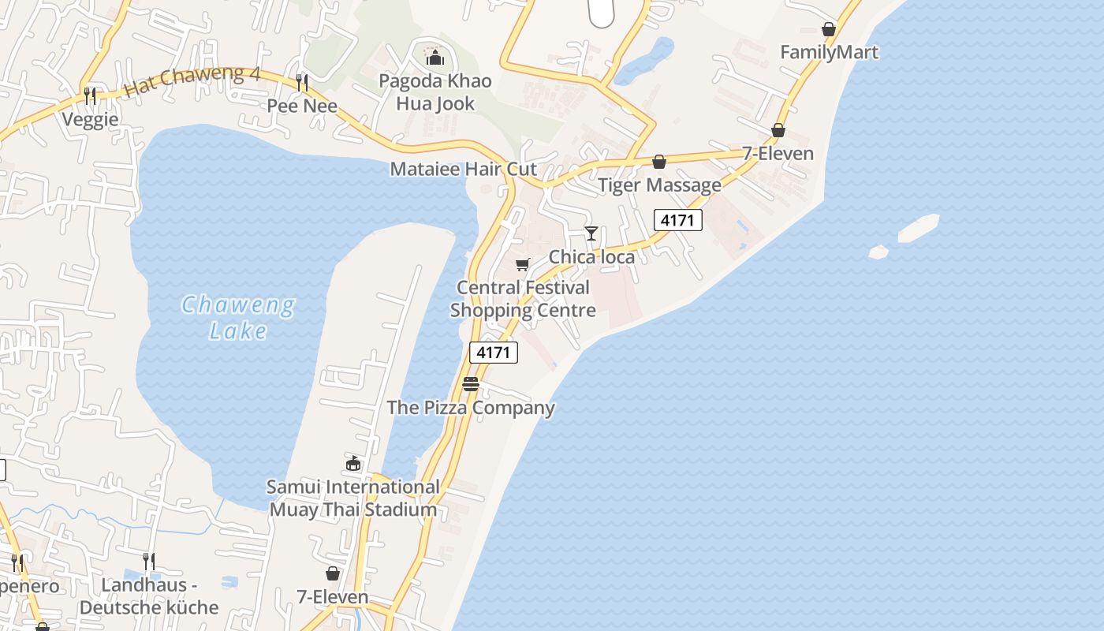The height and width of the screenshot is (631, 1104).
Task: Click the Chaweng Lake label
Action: click(x=238, y=317)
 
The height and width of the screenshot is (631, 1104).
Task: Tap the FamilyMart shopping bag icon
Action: click(x=829, y=30)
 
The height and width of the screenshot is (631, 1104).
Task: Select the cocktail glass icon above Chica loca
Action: click(x=591, y=233)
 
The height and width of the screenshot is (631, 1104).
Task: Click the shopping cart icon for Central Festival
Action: click(x=522, y=264)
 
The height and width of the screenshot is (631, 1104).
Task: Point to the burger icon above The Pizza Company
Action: click(x=471, y=384)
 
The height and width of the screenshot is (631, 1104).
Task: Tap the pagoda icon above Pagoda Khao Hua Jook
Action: click(x=434, y=58)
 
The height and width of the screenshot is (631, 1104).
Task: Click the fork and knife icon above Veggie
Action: click(x=90, y=96)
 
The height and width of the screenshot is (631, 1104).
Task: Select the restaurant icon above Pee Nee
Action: click(x=301, y=82)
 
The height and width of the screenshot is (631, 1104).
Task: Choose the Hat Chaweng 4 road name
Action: click(x=192, y=80)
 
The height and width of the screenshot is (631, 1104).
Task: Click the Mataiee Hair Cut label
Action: click(x=463, y=169)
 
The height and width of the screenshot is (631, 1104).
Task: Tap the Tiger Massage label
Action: click(x=659, y=185)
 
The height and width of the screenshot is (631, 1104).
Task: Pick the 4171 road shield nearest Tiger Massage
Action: click(x=677, y=220)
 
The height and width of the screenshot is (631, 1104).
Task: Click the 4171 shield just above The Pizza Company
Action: click(x=494, y=353)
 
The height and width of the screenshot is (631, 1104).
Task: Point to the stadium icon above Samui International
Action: click(x=353, y=463)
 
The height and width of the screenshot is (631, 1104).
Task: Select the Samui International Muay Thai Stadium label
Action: click(x=353, y=498)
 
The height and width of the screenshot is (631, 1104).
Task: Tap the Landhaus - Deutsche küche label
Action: click(x=149, y=596)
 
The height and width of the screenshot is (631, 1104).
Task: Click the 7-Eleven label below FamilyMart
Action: click(x=778, y=153)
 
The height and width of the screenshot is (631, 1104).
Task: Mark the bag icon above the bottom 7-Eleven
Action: click(x=333, y=573)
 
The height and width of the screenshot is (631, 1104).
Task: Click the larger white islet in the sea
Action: click(x=919, y=228)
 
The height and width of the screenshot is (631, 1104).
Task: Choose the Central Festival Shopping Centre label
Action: click(x=523, y=299)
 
